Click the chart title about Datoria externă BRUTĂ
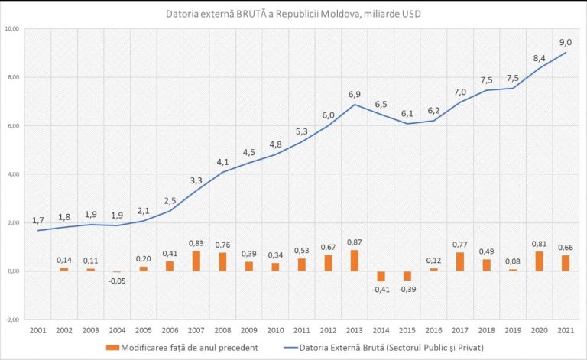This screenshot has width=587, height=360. click(x=293, y=14)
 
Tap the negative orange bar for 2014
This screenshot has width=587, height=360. click(x=381, y=276)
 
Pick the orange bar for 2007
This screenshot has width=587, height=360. click(x=196, y=261)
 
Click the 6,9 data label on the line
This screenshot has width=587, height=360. click(x=354, y=94)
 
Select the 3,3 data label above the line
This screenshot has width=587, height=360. click(x=196, y=180)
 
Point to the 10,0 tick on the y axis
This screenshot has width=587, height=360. click(x=13, y=29)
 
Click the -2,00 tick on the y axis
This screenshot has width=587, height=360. click(x=13, y=319)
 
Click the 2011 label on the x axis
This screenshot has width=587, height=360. click(x=301, y=330)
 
